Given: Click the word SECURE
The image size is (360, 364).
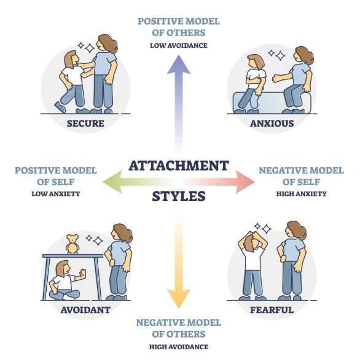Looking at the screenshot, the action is tap(85, 123).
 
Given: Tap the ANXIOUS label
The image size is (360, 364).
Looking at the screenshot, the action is tap(272, 123).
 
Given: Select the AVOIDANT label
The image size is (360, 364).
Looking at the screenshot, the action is tap(85, 310).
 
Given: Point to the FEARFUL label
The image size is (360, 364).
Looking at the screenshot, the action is tap(272, 310).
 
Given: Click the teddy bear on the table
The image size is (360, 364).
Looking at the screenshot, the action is tap(72, 244).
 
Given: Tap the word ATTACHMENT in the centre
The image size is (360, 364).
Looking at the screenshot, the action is tap(179, 166).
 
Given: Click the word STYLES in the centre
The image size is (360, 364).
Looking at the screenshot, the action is tap(179, 196).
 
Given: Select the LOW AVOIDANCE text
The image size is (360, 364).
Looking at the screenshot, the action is tap(179, 45).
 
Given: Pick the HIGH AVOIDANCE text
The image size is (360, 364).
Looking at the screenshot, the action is tap(179, 347).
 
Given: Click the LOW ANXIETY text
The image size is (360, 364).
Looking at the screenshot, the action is tap(56, 194).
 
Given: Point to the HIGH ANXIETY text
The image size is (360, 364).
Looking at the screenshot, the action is tap(301, 194).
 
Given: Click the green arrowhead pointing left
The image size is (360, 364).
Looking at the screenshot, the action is tap(113, 182).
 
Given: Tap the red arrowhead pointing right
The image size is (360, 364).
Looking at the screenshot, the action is tap(245, 182).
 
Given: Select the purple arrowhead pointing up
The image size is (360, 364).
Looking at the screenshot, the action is tap(179, 65).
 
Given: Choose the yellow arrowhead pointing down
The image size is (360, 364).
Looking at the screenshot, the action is tap(179, 299).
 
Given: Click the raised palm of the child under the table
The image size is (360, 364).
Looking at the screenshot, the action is tap(82, 274).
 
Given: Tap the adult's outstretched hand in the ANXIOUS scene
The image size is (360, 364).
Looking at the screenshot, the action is tap(276, 78).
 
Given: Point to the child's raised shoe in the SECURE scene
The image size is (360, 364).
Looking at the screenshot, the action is tap(60, 107).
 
